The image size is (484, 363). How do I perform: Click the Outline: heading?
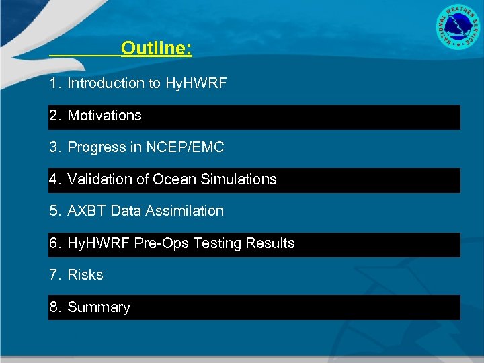(157, 48)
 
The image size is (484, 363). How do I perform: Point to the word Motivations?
(104, 116)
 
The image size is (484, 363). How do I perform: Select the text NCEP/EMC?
(185, 147)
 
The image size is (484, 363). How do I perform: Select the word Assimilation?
(184, 211)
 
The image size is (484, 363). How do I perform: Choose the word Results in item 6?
(269, 243)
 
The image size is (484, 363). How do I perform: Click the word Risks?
(85, 275)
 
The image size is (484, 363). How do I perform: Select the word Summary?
(99, 307)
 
